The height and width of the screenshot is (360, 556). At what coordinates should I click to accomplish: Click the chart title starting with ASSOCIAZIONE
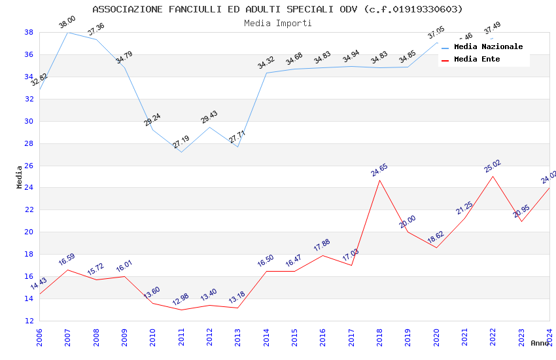tap(277, 9)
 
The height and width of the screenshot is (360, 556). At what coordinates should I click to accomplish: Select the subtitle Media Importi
tap(277, 23)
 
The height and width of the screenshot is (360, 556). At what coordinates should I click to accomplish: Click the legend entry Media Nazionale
tap(488, 46)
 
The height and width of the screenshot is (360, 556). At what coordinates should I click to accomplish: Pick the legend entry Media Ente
tap(477, 59)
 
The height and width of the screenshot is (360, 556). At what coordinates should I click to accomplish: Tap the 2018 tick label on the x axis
tap(379, 338)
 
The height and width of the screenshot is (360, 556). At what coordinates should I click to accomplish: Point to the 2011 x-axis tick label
tap(181, 338)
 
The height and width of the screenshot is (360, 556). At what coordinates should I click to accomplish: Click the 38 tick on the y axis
tap(29, 32)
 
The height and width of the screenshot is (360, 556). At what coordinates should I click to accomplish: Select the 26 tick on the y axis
tap(29, 166)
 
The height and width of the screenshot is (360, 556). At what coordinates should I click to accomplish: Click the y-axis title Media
tap(20, 177)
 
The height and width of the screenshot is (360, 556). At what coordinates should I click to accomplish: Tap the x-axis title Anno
tap(540, 343)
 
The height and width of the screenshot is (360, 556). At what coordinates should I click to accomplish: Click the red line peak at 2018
tap(379, 180)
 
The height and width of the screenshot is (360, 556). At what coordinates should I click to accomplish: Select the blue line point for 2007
tap(67, 32)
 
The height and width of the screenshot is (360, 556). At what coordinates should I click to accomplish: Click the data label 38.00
tap(67, 22)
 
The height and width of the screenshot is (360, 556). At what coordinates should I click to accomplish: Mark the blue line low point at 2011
tap(181, 152)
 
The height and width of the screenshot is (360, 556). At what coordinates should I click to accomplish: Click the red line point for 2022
tap(493, 176)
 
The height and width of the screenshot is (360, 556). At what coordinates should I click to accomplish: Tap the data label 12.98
tap(181, 299)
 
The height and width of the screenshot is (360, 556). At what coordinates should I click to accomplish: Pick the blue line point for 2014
tap(266, 73)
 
